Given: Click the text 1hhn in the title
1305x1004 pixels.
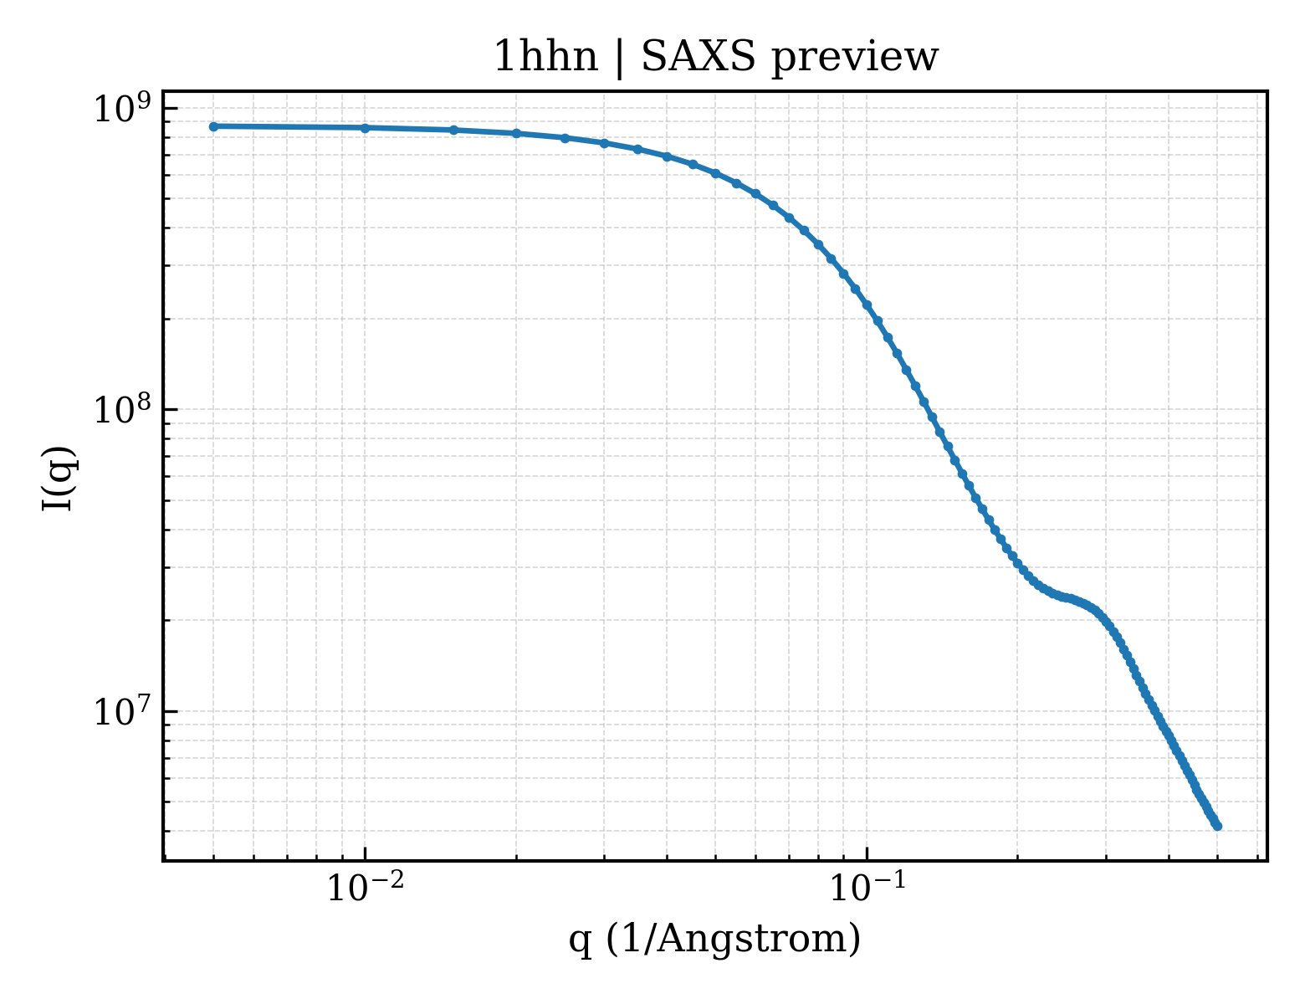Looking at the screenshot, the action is (545, 58).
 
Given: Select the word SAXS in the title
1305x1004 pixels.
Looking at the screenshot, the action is (698, 58).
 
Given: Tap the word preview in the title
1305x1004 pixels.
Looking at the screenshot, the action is (855, 59).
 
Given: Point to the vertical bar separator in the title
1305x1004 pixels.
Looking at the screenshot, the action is (620, 59).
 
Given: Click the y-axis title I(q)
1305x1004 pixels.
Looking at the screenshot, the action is (59, 478).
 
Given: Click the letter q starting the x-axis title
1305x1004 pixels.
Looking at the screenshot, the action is (580, 944).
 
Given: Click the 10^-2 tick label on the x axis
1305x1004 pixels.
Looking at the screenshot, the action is (365, 888).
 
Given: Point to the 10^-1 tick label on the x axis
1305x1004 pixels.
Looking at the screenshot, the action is (867, 888).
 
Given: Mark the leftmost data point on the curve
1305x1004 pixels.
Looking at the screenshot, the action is (214, 126).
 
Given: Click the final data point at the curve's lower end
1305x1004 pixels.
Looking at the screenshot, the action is (1217, 827).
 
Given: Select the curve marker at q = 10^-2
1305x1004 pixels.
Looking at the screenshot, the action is (365, 128).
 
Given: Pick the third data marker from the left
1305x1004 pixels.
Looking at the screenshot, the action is (453, 131).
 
